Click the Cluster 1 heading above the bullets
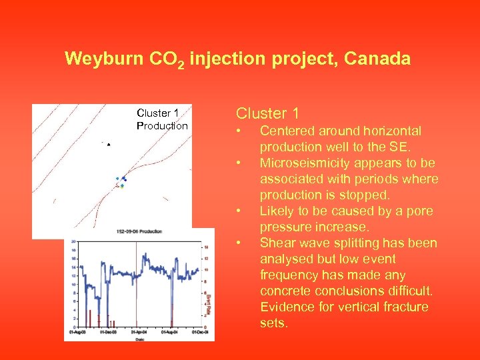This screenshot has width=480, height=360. tap(267, 113)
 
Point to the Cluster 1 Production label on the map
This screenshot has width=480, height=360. tap(162, 119)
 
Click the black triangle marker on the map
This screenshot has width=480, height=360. tap(109, 144)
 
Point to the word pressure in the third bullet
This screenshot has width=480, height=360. tap(282, 227)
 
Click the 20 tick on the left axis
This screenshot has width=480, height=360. tap(73, 242)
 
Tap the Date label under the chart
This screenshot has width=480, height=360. tap(139, 337)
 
